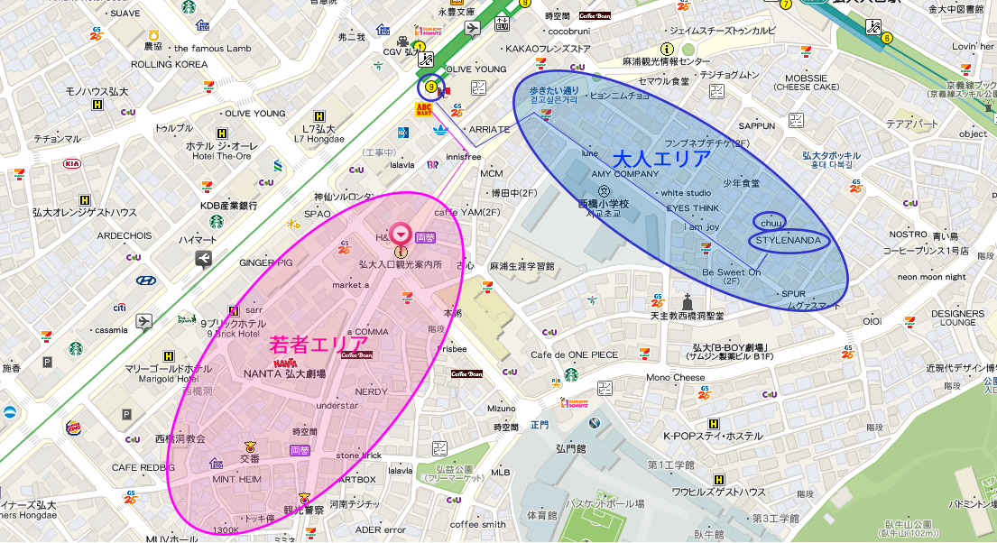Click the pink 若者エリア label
tap(318, 344)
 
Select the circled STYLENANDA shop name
tap(789, 241)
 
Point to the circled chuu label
tap(769, 222)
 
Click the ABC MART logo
tap(424, 109)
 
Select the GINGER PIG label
tap(266, 262)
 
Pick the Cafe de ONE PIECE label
tap(575, 354)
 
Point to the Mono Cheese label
tap(676, 378)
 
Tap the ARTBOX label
tap(355, 479)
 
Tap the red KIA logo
tap(71, 164)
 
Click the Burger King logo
tap(73, 428)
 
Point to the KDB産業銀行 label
tap(222, 206)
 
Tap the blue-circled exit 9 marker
tap(430, 88)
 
